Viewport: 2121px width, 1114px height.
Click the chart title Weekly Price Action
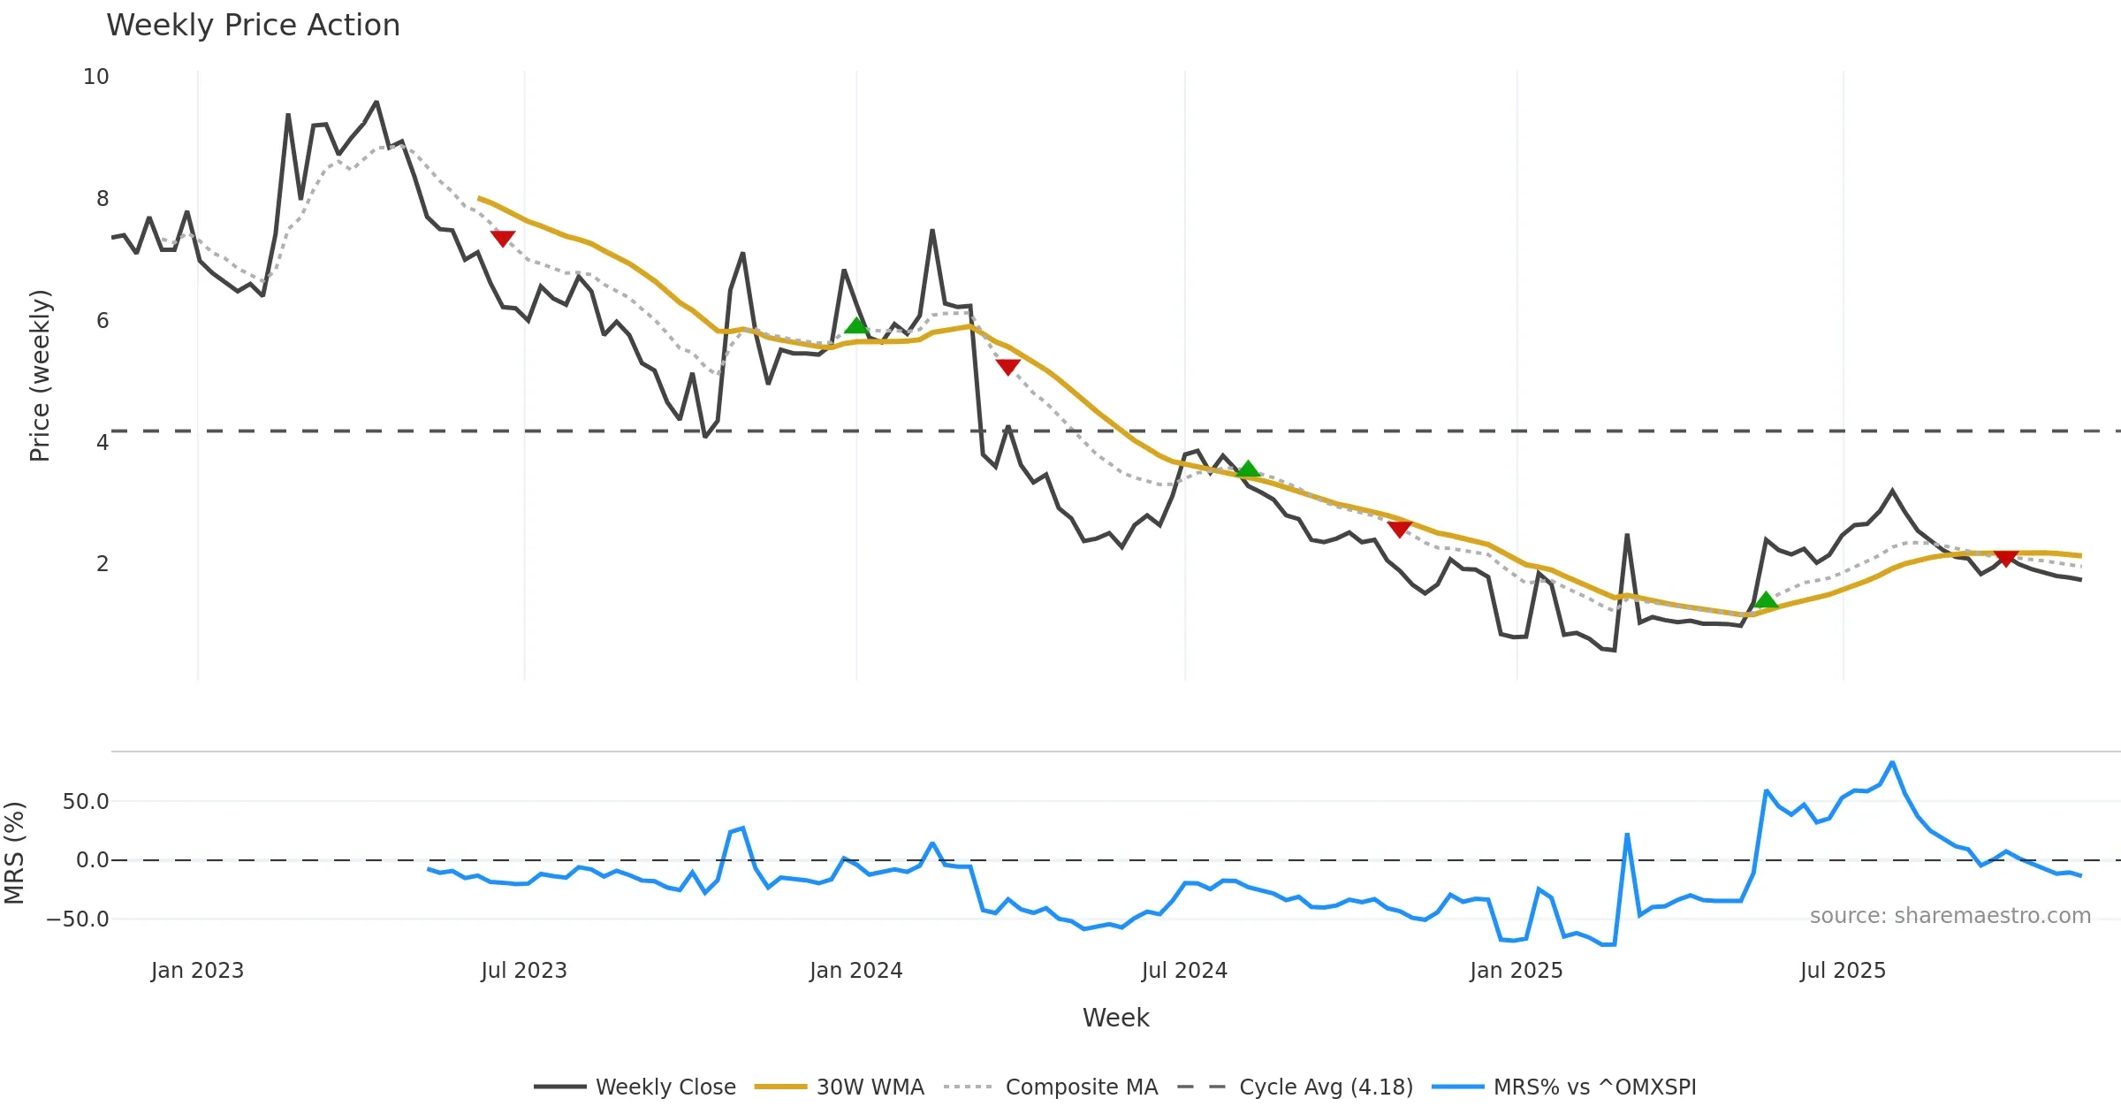(x=253, y=26)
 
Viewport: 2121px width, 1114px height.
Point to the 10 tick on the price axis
(x=96, y=77)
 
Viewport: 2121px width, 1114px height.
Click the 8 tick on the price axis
(x=103, y=199)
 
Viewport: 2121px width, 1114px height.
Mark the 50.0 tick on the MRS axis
(x=86, y=802)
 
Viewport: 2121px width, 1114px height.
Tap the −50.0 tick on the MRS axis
(x=78, y=919)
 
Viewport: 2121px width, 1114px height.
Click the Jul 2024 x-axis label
(x=1184, y=971)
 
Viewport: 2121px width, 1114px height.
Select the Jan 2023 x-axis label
(x=197, y=971)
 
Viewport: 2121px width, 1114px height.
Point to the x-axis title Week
(x=1115, y=1019)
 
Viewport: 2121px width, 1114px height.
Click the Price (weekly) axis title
(x=40, y=376)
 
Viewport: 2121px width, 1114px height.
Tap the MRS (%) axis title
(x=14, y=853)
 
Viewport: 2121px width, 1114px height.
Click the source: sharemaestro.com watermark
(x=1950, y=916)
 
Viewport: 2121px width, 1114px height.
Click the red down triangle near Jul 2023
(x=503, y=238)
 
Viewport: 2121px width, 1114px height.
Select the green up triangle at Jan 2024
(x=855, y=325)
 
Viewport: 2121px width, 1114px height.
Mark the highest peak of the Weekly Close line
(x=376, y=102)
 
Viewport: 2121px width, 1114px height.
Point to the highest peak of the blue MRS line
(x=1892, y=762)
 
